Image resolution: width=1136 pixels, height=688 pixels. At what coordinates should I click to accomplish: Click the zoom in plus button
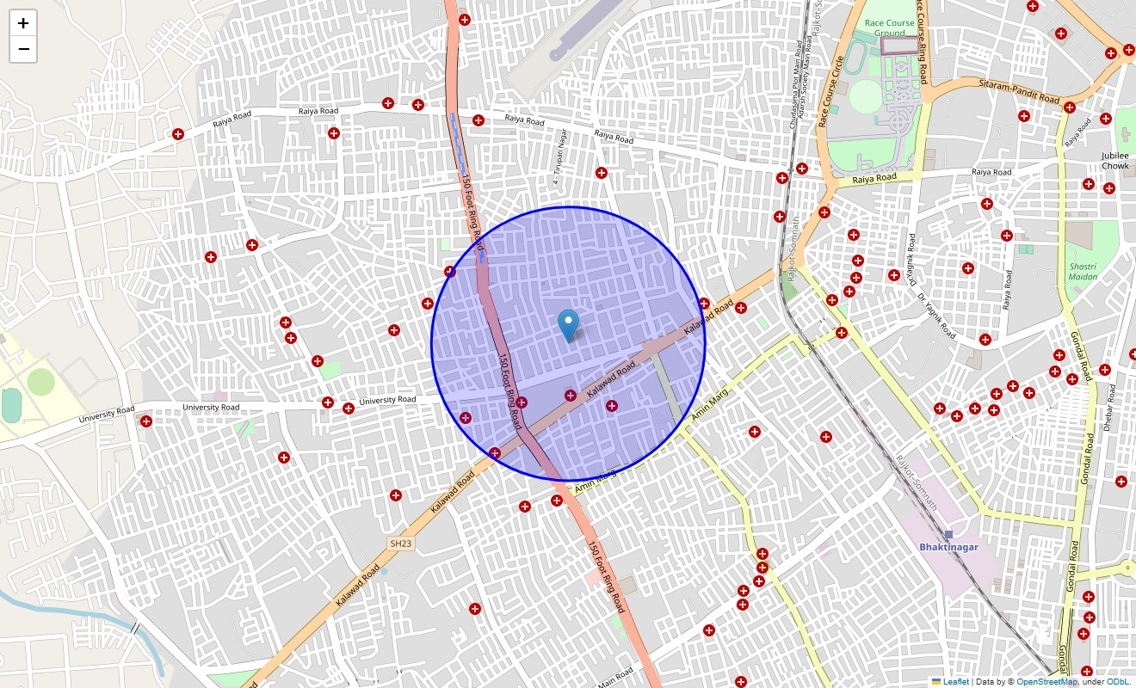pyautogui.click(x=23, y=23)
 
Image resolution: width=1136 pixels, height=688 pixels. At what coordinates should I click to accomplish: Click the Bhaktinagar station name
pyautogui.click(x=948, y=547)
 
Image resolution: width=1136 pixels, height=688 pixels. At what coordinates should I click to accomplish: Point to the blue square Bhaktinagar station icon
pyautogui.click(x=949, y=535)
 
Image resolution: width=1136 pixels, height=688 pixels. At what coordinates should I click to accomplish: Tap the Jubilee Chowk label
pyautogui.click(x=1114, y=161)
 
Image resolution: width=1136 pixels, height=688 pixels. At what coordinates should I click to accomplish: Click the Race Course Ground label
pyautogui.click(x=890, y=28)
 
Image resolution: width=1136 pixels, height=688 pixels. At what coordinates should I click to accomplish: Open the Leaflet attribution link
pyautogui.click(x=955, y=682)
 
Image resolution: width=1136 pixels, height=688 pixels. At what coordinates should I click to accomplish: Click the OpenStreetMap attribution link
pyautogui.click(x=1046, y=682)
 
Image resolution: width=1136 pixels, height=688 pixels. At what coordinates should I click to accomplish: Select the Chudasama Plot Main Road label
pyautogui.click(x=794, y=86)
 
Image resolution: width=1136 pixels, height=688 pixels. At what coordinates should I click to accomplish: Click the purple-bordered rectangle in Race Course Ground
pyautogui.click(x=900, y=45)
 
